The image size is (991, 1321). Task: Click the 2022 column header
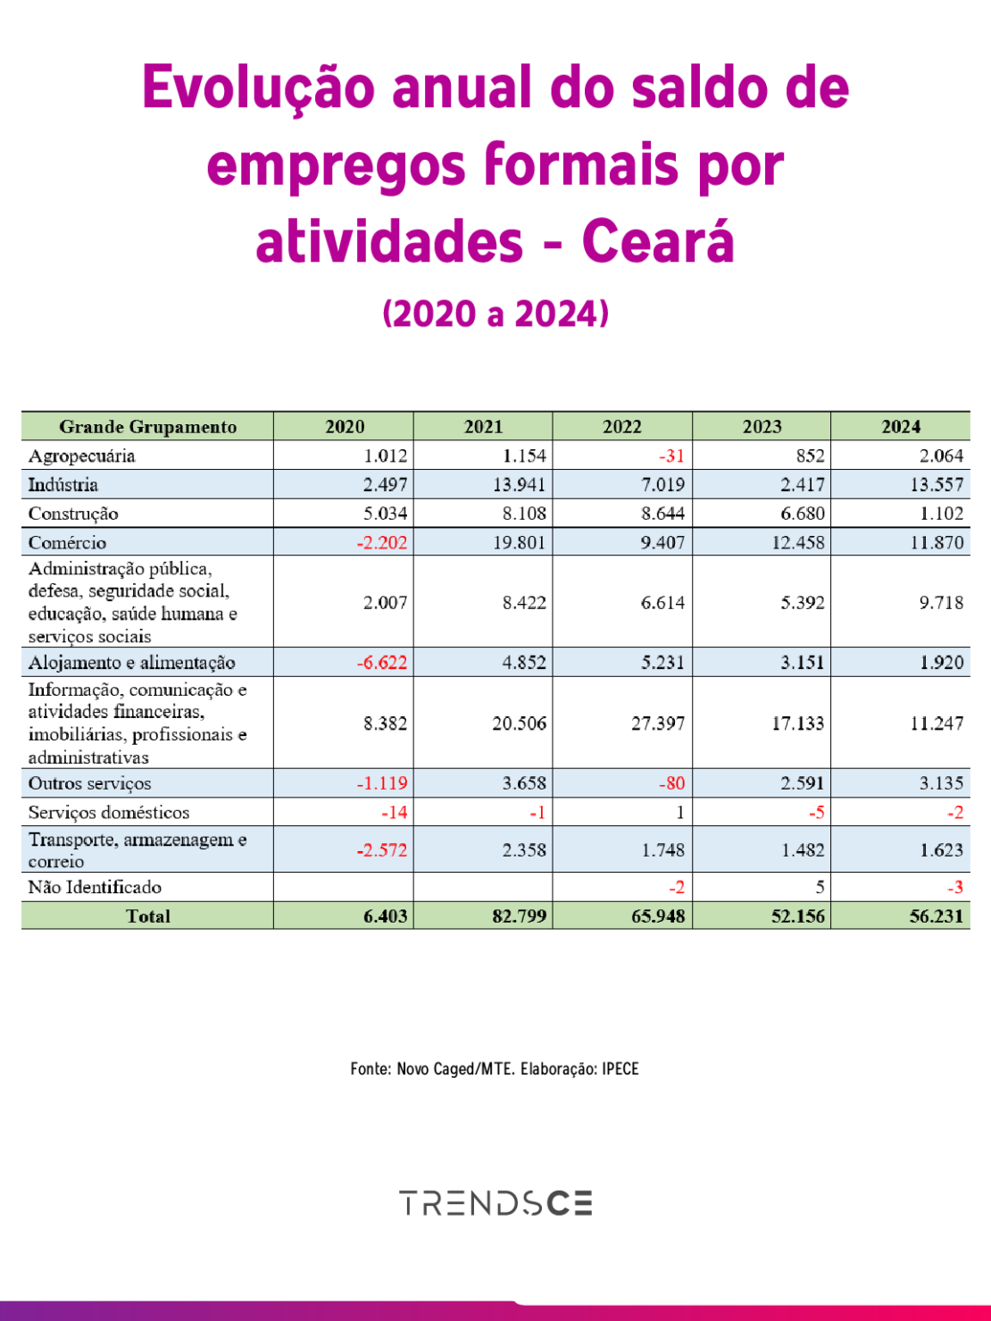[x=621, y=426]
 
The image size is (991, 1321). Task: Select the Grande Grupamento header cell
[x=147, y=426]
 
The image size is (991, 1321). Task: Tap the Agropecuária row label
[x=82, y=456]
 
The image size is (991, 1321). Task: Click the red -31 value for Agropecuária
[x=671, y=456]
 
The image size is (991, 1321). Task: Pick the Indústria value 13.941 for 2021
[x=519, y=484]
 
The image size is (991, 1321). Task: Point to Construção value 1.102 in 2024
[x=941, y=514]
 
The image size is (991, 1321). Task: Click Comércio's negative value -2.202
[x=382, y=542]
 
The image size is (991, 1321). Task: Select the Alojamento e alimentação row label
[x=132, y=662]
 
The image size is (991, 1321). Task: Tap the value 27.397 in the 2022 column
[x=658, y=723]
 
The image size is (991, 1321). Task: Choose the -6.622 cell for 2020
[x=382, y=662]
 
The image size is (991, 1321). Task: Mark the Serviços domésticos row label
[x=109, y=812]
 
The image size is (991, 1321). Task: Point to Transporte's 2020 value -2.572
[x=382, y=849]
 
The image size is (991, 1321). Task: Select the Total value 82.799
[x=519, y=916]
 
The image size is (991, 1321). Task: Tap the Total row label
[x=147, y=916]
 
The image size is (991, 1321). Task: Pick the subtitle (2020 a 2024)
[x=495, y=314]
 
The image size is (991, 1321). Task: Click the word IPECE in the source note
[x=620, y=1069]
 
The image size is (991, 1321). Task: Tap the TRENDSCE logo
[x=495, y=1203]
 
